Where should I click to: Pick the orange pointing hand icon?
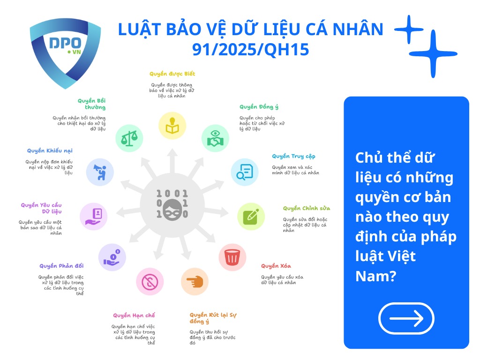pos(195,282)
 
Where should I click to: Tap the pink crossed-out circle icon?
pos(150,282)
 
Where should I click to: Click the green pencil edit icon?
pos(251,216)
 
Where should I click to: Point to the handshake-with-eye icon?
pos(215,138)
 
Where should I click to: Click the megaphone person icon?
pos(100,172)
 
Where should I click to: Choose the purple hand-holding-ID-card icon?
pos(93,216)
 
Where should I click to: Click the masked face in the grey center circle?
pos(172,205)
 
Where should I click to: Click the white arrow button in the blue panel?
pos(406,318)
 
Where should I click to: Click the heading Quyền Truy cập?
pos(293,156)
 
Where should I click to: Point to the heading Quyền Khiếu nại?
pos(50,150)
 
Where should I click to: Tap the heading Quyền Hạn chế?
pos(134,315)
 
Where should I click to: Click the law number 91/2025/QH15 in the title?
pos(250,49)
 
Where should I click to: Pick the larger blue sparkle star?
pos(436,54)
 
